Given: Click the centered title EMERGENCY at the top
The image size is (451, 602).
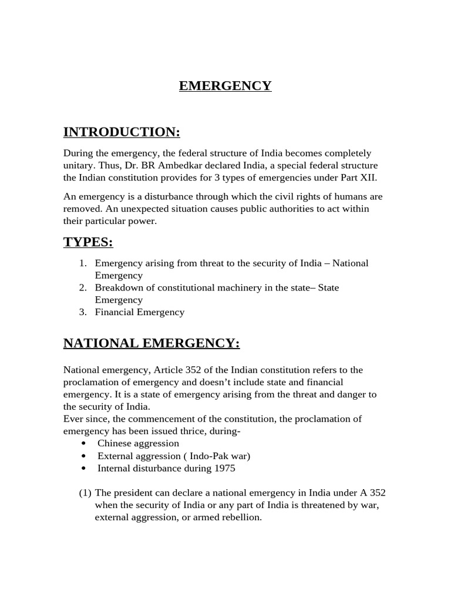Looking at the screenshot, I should (x=225, y=86).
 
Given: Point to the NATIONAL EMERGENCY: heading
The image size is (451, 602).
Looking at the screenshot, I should (x=152, y=343).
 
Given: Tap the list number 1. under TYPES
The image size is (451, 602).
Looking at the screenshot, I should (x=83, y=263).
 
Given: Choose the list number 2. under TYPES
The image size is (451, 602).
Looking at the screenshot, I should (x=83, y=287).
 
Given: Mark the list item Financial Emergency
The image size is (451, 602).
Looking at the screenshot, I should (x=140, y=312).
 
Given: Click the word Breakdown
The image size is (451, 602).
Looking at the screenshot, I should (x=117, y=287).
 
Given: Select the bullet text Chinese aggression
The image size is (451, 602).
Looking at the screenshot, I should (x=138, y=443).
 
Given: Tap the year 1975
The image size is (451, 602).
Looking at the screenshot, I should (x=224, y=468).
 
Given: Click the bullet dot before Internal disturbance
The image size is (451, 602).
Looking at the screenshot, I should (x=85, y=469).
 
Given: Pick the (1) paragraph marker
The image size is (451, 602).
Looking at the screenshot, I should (x=86, y=493).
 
